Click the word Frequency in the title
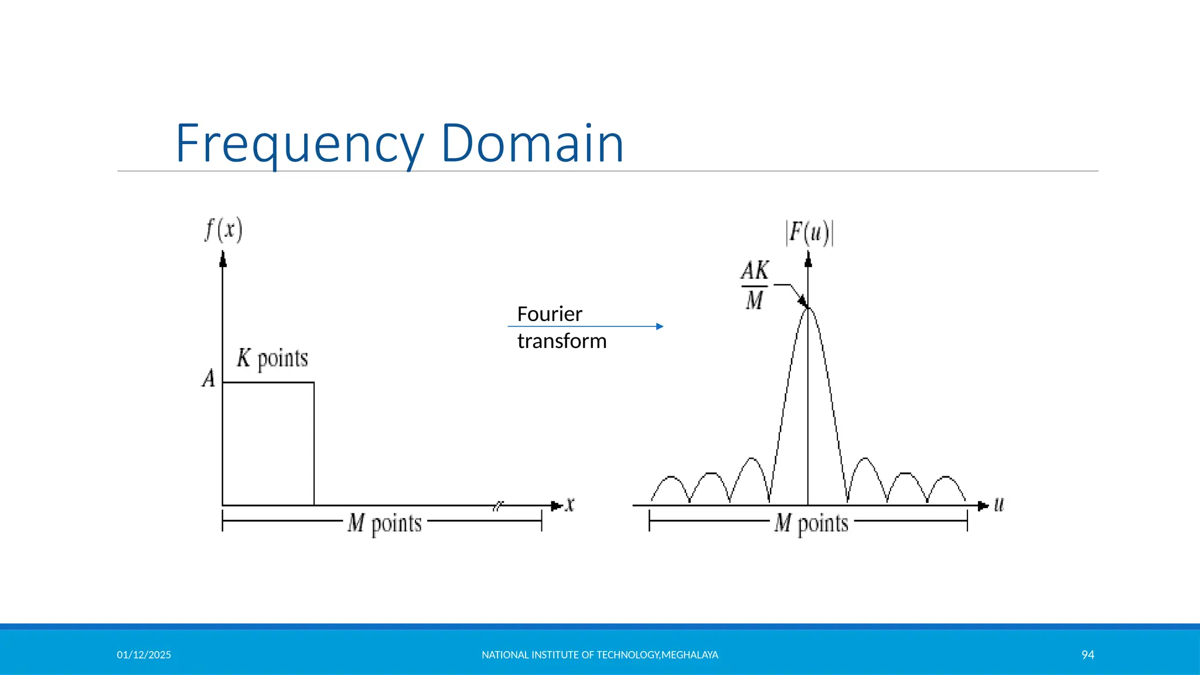coord(299,144)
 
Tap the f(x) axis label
coord(223,230)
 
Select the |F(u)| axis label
coord(809,233)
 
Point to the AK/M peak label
coord(755,285)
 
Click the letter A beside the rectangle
coord(209,379)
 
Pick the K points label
coord(272,358)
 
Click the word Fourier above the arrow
coord(549,314)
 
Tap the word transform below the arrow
coord(561,341)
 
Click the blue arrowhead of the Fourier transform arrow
coord(660,326)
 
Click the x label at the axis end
coord(570,504)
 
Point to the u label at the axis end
coord(999,504)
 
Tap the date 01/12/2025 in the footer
coord(144,655)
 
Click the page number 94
coord(1087,655)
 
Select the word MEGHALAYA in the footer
coord(690,655)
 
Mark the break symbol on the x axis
coord(498,506)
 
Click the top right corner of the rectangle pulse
coord(314,383)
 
